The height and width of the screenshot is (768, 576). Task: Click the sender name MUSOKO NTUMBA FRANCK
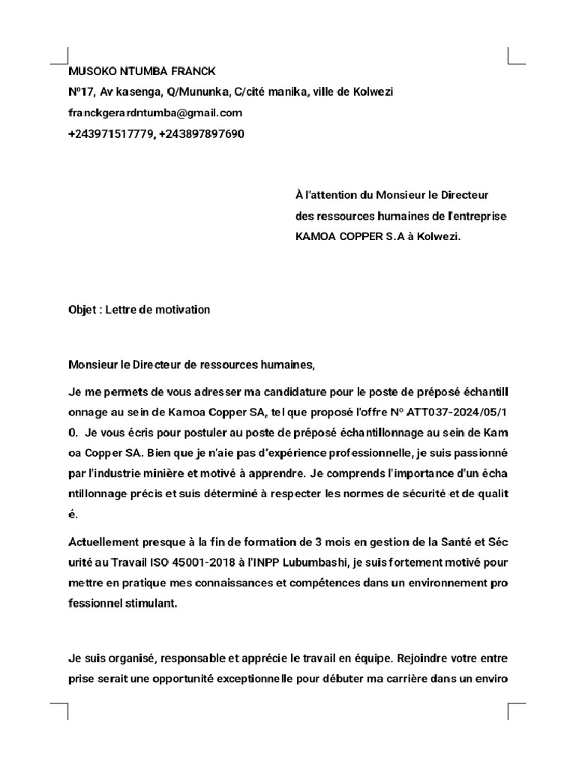(142, 71)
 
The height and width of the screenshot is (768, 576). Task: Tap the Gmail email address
(155, 113)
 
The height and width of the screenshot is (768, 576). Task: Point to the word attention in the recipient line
(332, 195)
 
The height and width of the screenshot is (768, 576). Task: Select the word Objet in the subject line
(82, 310)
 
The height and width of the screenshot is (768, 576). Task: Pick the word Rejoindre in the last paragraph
(424, 659)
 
